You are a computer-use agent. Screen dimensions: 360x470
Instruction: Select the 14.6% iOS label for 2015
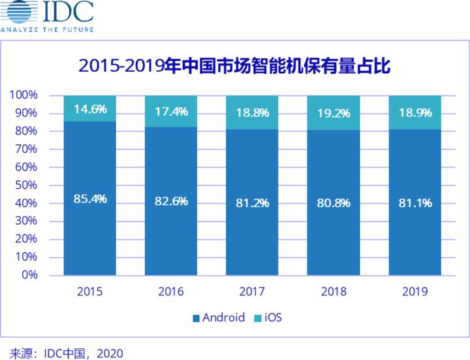[x=90, y=109]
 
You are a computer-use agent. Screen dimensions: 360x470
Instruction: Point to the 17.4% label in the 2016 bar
[x=171, y=112]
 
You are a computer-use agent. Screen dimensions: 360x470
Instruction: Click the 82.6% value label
[x=171, y=201]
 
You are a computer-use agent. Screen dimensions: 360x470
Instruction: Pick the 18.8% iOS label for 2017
[x=252, y=113]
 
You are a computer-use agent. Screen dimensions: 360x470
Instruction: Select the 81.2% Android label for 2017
[x=252, y=203]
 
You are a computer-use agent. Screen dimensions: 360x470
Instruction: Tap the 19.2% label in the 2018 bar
[x=333, y=112]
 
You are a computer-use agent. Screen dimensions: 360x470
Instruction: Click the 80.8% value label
[x=333, y=203]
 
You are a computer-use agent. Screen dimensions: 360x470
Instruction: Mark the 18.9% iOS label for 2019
[x=415, y=112]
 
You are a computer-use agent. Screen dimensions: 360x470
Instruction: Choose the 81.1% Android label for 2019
[x=415, y=203]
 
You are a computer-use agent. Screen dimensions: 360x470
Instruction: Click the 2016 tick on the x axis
[x=171, y=291]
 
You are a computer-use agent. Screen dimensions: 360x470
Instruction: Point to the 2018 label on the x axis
[x=333, y=291]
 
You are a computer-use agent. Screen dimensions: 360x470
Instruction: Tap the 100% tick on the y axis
[x=24, y=95]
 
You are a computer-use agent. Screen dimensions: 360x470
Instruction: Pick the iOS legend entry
[x=269, y=318]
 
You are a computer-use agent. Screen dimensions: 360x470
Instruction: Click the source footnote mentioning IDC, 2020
[x=62, y=353]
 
